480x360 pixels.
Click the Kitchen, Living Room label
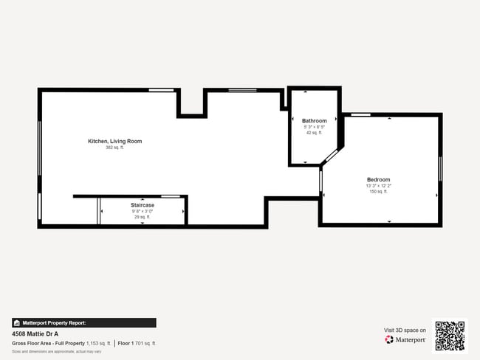[114, 141]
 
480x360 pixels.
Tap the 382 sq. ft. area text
[114, 148]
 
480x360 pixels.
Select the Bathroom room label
[314, 120]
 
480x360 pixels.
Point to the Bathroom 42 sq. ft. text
[314, 133]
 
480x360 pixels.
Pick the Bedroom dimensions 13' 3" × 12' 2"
[378, 185]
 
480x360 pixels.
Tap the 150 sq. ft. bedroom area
[378, 191]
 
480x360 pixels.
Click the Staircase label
[143, 204]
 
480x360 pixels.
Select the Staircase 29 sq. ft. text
[143, 217]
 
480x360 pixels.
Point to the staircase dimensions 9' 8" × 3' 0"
[143, 211]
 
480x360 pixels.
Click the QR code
[450, 336]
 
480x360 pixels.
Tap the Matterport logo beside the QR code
[405, 340]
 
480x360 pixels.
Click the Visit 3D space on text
[405, 330]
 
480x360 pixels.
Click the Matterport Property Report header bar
[83, 322]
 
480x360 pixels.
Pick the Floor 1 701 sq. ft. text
[137, 343]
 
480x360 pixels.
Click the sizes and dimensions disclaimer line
[56, 351]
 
